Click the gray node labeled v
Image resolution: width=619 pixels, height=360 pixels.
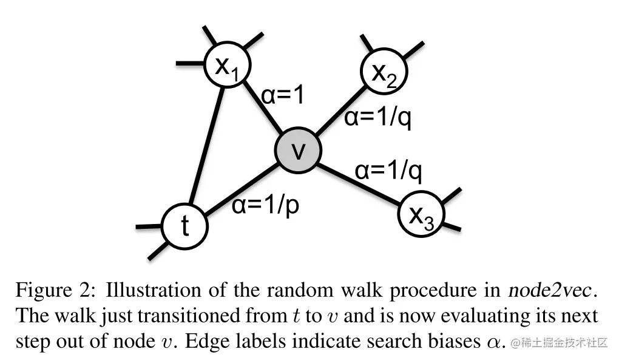coord(297,151)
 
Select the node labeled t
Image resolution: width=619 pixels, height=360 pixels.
coord(184,226)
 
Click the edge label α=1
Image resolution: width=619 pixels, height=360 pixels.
coord(283,95)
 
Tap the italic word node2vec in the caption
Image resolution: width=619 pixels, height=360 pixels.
coord(550,290)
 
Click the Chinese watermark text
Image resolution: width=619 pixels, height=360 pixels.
coord(560,343)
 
